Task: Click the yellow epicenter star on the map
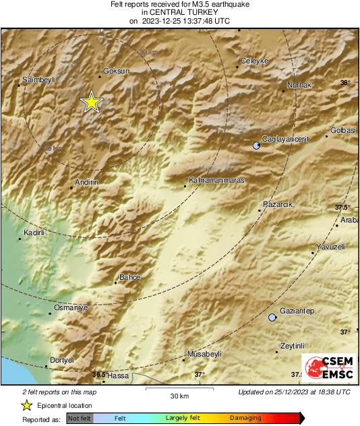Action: (91, 102)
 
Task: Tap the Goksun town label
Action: (115, 70)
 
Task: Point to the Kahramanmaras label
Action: (216, 181)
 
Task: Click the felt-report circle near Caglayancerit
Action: (256, 146)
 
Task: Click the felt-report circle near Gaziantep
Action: (272, 317)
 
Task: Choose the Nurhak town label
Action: (299, 85)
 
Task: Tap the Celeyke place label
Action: (255, 61)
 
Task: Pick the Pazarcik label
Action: (277, 204)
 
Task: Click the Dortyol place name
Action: (61, 360)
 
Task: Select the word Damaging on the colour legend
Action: (245, 419)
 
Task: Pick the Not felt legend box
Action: (80, 419)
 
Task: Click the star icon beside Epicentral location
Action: (26, 406)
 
